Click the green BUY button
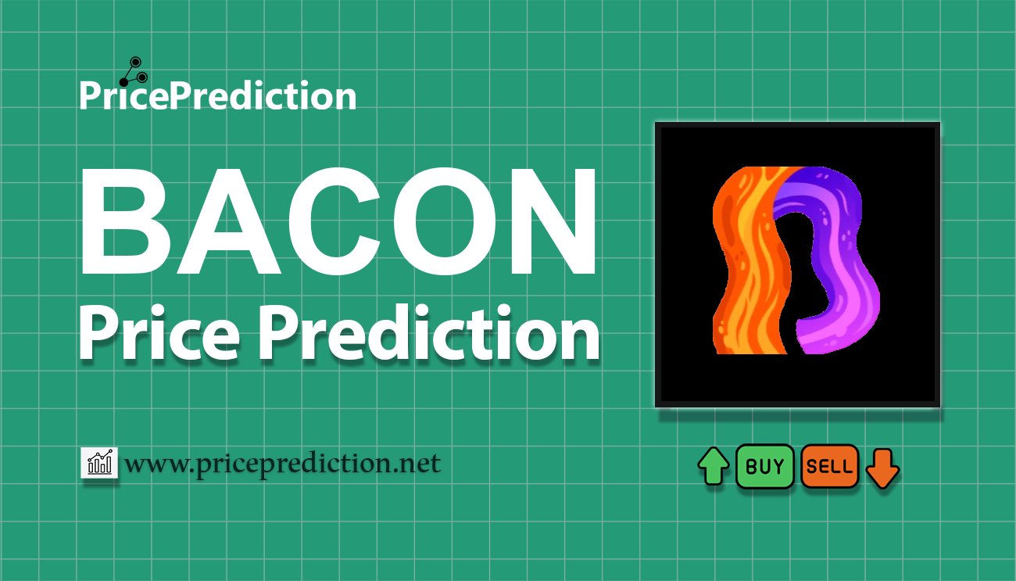765,467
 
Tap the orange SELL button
829,467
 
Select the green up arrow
713,467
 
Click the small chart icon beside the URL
99,464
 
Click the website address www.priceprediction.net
283,464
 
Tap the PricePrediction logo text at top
217,96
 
